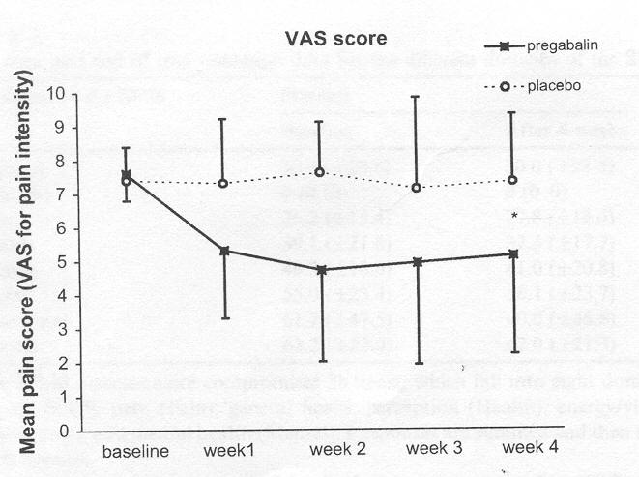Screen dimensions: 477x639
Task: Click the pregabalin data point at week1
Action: (224, 251)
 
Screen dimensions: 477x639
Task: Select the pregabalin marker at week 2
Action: (321, 270)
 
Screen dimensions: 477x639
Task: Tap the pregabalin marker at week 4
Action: (512, 254)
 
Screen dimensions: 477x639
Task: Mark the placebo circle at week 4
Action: (512, 180)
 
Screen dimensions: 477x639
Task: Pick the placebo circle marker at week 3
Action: (417, 187)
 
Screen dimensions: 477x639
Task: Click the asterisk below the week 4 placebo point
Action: (515, 216)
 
